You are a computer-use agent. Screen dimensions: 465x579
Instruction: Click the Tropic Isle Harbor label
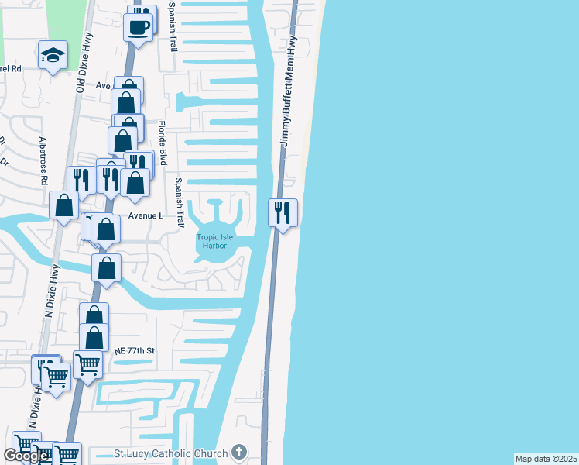pos(214,241)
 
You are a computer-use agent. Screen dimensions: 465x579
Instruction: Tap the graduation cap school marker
pos(53,55)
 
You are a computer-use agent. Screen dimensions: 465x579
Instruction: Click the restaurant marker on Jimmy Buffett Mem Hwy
pos(283,211)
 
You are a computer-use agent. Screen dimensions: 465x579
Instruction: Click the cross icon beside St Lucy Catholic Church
pos(239,453)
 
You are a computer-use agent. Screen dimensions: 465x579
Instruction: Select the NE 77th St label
pos(135,351)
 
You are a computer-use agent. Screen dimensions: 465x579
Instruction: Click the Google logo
pos(26,456)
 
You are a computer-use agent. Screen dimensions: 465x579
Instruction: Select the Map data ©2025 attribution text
pos(546,459)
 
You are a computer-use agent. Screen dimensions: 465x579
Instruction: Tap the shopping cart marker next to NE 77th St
pos(87,363)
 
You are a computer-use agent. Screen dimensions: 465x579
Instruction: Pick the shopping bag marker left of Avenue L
pos(63,206)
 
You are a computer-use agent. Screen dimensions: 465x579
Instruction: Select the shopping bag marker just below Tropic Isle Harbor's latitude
pos(106,268)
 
